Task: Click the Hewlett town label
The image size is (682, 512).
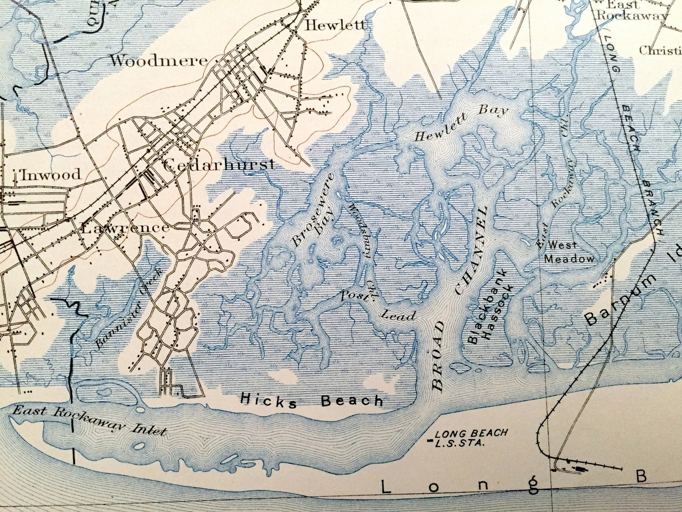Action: tap(335, 25)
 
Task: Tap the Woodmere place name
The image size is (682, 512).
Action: tap(159, 60)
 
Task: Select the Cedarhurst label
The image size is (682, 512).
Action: tap(219, 165)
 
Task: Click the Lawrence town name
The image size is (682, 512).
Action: tap(125, 228)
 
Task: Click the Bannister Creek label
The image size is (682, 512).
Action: tap(129, 308)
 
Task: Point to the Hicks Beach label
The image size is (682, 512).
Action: tap(312, 401)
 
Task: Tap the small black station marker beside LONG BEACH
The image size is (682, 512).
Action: tap(429, 441)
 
